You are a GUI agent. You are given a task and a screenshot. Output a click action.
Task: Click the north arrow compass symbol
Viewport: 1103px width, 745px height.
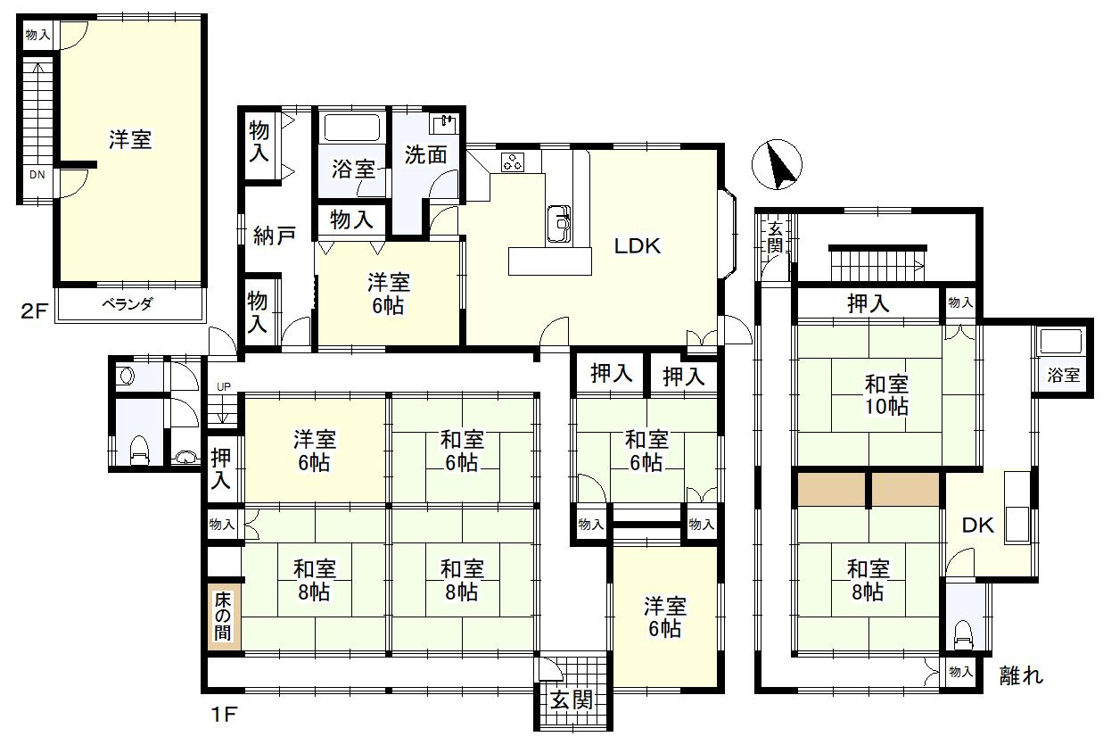pyautogui.click(x=777, y=164)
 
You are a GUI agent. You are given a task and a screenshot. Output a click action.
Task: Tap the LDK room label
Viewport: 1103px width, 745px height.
pyautogui.click(x=638, y=246)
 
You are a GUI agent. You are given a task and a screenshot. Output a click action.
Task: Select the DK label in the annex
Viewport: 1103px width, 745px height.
pyautogui.click(x=978, y=526)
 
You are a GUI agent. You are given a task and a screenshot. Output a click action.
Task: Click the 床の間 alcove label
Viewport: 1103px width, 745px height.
pyautogui.click(x=223, y=616)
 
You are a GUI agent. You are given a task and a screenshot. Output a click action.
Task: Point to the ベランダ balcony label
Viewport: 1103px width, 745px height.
pyautogui.click(x=128, y=304)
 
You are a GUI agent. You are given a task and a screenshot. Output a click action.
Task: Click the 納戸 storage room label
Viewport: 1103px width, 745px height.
pyautogui.click(x=275, y=236)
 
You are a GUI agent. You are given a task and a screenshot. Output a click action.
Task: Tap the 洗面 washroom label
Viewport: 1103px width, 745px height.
pyautogui.click(x=425, y=154)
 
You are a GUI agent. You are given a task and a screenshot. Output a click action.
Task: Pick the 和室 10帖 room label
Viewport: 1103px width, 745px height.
pyautogui.click(x=887, y=395)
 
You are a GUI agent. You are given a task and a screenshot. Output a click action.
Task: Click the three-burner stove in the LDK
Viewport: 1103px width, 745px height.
pyautogui.click(x=513, y=162)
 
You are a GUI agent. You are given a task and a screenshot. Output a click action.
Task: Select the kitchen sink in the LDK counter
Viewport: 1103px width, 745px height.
pyautogui.click(x=559, y=223)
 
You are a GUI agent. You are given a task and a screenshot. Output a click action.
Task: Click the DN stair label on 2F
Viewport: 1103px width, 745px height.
pyautogui.click(x=37, y=174)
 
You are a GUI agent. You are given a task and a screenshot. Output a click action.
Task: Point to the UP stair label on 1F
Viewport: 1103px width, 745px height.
pyautogui.click(x=224, y=387)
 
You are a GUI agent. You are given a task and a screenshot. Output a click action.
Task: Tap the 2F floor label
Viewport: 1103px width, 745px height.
pyautogui.click(x=34, y=310)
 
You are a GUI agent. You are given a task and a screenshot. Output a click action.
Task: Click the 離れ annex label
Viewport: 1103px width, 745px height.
pyautogui.click(x=1021, y=675)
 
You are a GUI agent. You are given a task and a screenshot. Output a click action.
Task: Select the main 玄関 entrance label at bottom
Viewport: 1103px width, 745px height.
pyautogui.click(x=572, y=699)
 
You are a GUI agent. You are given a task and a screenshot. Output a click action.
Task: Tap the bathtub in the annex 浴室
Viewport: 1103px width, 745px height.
pyautogui.click(x=1058, y=343)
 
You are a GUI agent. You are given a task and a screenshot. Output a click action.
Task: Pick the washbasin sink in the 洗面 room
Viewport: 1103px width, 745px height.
pyautogui.click(x=444, y=124)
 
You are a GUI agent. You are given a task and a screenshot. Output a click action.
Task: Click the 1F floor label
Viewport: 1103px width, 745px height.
pyautogui.click(x=225, y=714)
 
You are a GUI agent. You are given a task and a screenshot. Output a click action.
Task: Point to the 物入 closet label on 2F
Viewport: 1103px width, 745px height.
pyautogui.click(x=37, y=35)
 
